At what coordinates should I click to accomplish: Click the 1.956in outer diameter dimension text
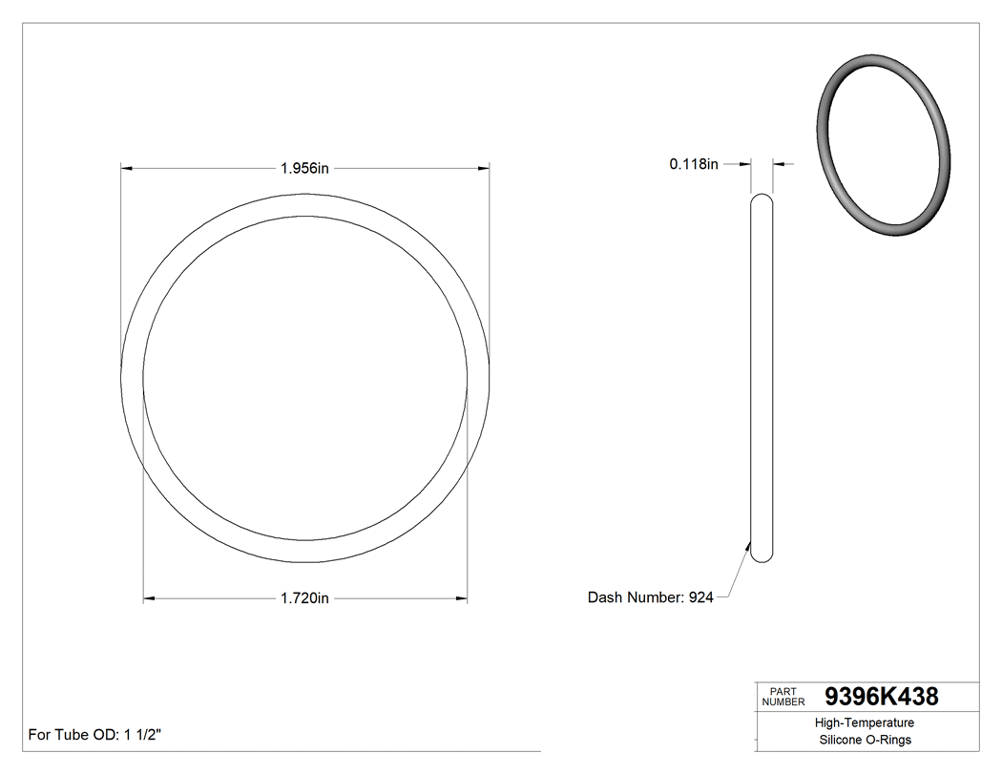(304, 168)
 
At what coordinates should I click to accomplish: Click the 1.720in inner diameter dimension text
(304, 598)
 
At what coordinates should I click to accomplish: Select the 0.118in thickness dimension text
(693, 164)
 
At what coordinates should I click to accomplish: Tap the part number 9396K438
(881, 697)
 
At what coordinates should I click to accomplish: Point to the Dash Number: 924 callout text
(650, 597)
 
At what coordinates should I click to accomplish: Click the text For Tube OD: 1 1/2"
(95, 735)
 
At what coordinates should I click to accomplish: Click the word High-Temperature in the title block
(865, 723)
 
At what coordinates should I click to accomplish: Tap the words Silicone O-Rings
(865, 741)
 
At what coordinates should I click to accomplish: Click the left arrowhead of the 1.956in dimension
(125, 168)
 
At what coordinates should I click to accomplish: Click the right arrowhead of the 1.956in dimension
(484, 168)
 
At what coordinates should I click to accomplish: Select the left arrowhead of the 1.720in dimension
(149, 598)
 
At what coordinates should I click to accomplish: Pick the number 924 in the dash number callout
(700, 597)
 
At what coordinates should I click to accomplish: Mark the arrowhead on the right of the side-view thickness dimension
(779, 164)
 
